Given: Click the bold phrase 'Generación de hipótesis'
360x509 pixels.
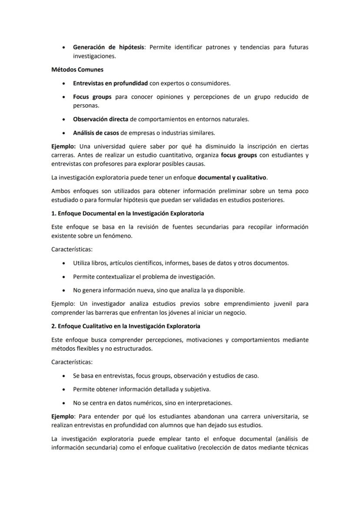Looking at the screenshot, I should coord(108,47).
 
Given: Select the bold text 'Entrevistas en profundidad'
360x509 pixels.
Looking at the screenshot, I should coord(110,83).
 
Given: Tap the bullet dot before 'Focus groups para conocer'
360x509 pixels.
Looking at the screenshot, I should coord(64,97).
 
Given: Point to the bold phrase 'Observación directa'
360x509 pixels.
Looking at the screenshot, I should coord(100,119).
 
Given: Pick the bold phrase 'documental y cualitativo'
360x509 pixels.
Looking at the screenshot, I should coord(232,177).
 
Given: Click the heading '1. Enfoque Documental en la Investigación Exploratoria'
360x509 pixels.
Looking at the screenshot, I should coord(127,213).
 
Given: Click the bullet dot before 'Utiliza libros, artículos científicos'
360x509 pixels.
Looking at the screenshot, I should coord(64,263).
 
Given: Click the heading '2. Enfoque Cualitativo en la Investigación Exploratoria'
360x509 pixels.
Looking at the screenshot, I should coord(126,326).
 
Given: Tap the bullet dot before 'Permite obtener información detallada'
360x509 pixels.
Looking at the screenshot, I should coord(64,389).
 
